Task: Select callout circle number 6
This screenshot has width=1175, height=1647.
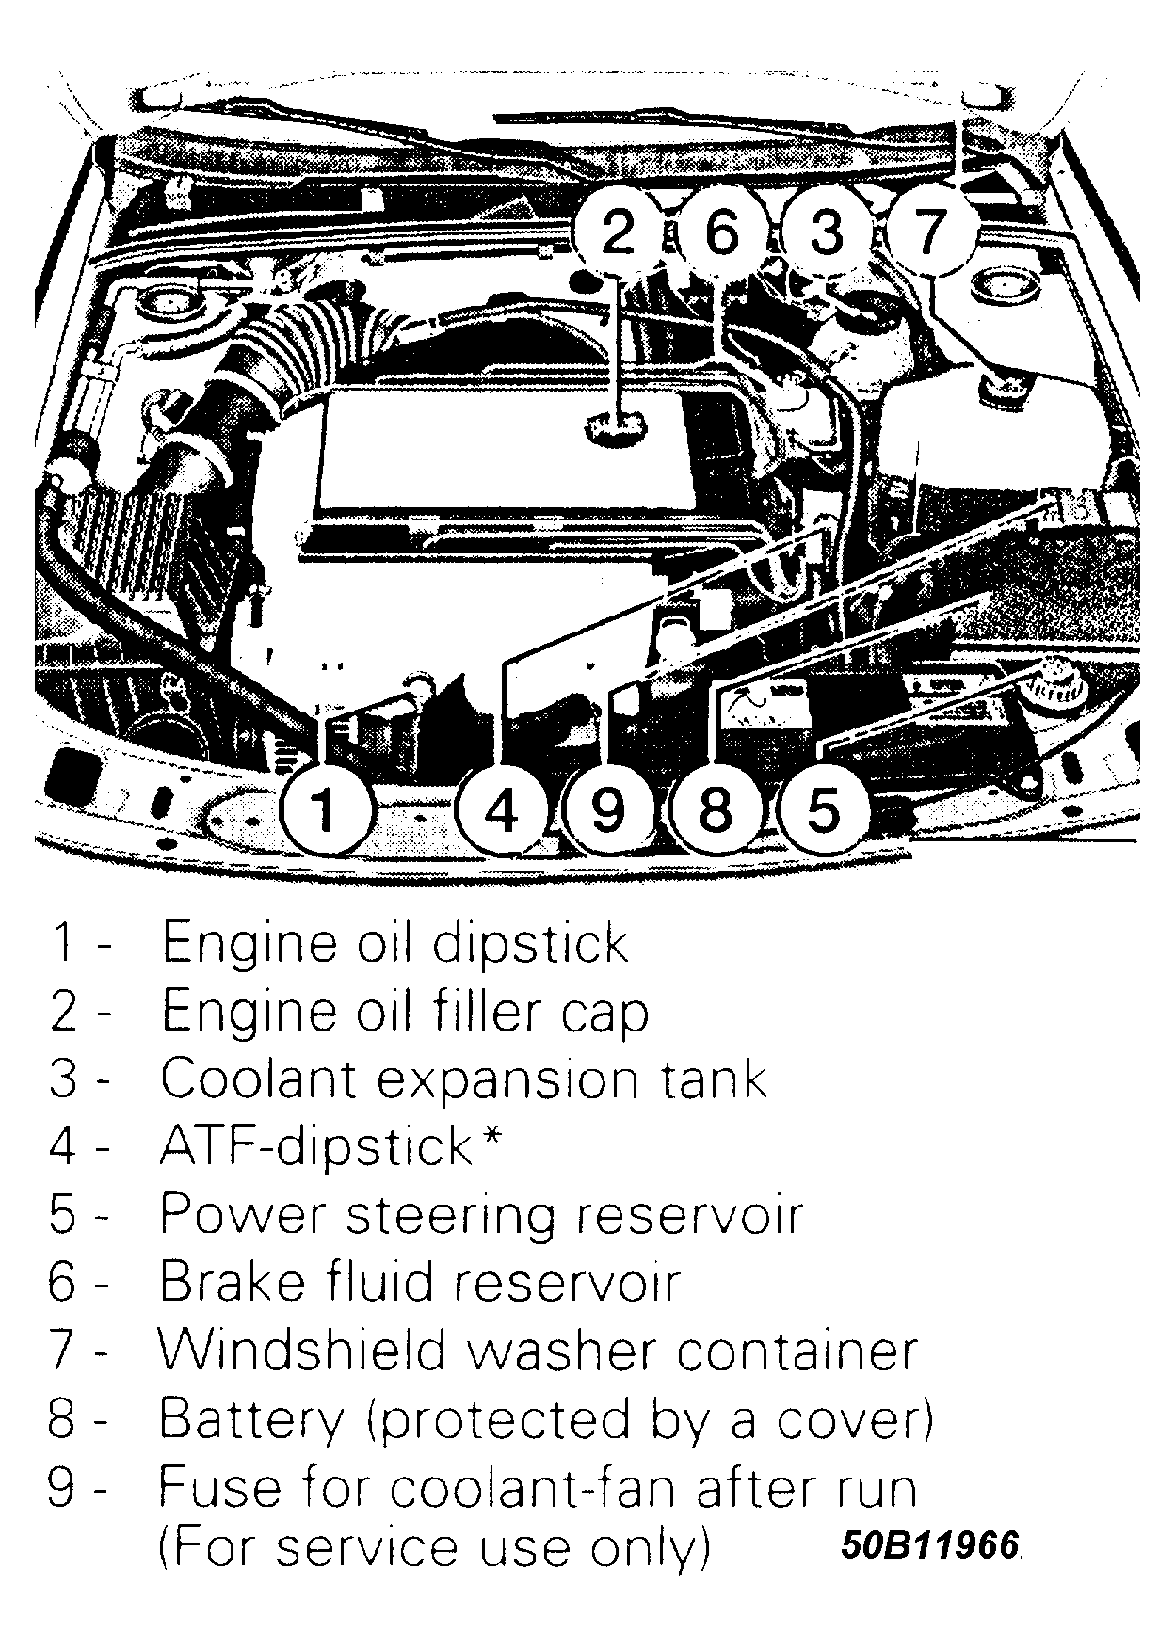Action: [x=721, y=232]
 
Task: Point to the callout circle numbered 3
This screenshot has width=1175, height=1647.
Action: [x=826, y=232]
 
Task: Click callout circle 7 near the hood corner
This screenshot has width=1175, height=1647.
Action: [x=928, y=232]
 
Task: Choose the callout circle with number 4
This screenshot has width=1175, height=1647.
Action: [x=503, y=808]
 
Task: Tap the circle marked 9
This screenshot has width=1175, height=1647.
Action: [x=609, y=808]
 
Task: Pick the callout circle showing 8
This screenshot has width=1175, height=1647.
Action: [x=716, y=808]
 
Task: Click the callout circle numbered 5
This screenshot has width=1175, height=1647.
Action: [x=822, y=808]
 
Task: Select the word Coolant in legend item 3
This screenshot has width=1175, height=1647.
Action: [x=256, y=1079]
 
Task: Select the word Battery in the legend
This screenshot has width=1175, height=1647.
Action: [x=251, y=1419]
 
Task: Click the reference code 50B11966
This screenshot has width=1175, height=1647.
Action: [x=929, y=1545]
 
